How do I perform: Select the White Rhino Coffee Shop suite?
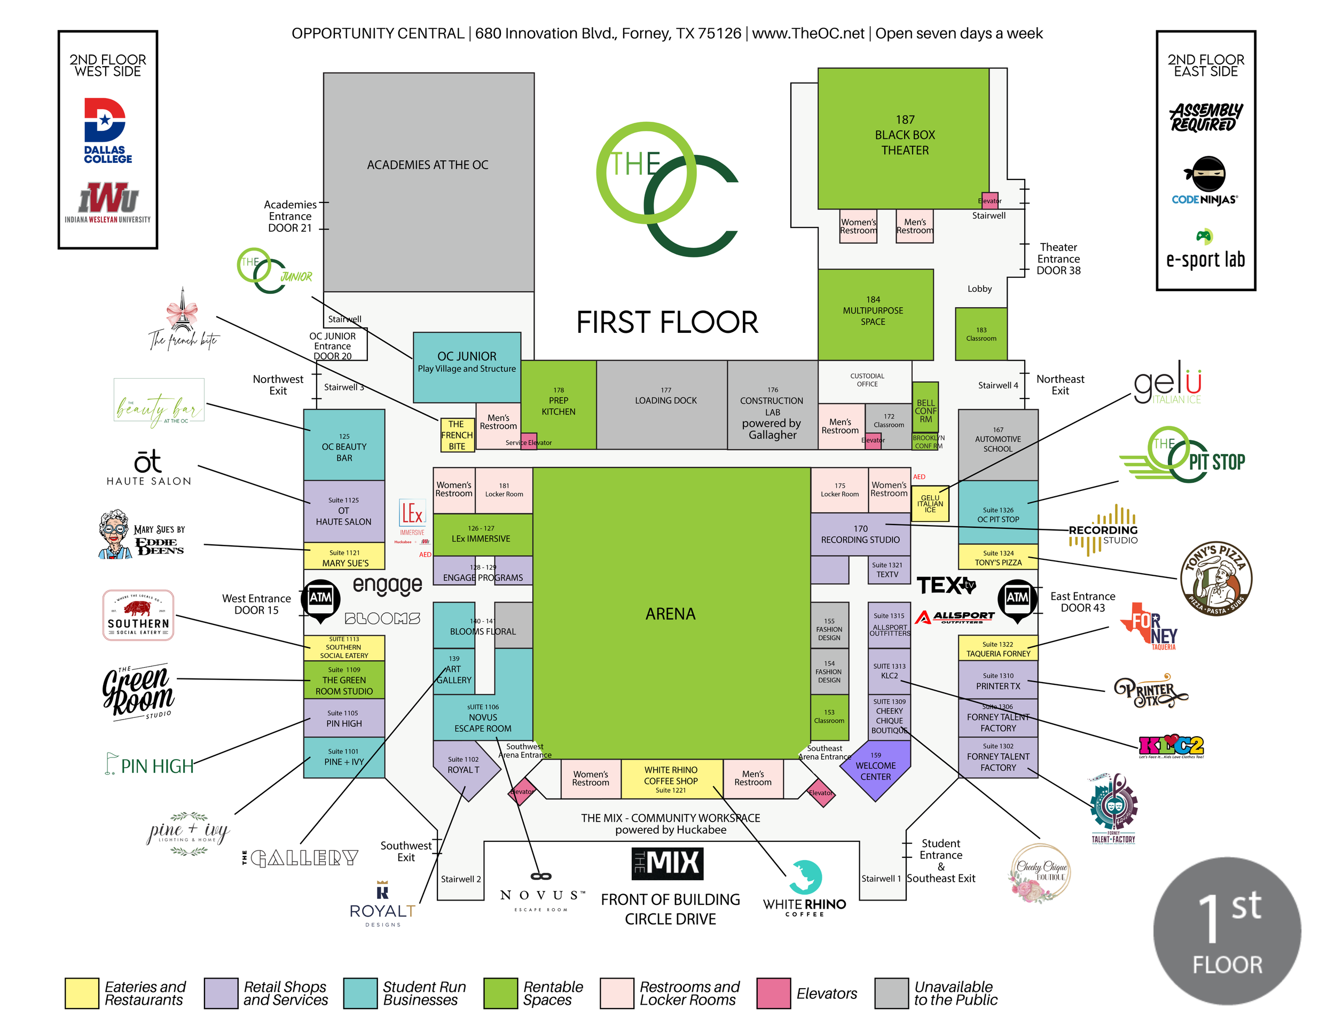click(x=671, y=779)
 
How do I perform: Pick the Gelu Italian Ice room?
click(x=930, y=504)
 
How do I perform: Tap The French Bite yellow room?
click(x=457, y=435)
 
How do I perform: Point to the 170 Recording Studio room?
click(x=860, y=534)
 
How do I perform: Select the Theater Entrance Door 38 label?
click(x=1058, y=259)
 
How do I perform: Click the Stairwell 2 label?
click(x=460, y=879)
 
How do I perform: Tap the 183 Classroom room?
click(x=980, y=334)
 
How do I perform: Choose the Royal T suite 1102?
click(x=464, y=765)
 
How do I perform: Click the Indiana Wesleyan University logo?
click(x=108, y=202)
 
